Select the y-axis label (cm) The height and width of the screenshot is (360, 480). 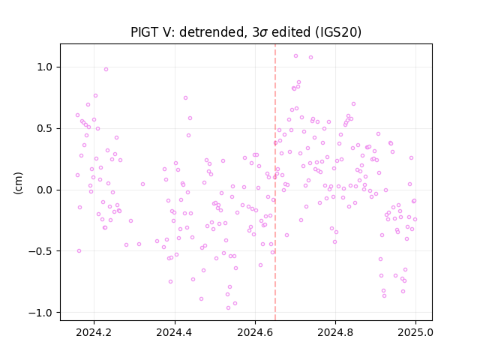(x=18, y=183)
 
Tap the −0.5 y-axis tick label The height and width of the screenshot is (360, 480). (x=43, y=251)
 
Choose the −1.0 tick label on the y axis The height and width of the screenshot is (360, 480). (x=43, y=313)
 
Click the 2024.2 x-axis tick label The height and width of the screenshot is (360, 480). (x=94, y=332)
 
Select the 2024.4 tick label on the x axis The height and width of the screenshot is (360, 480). (x=175, y=332)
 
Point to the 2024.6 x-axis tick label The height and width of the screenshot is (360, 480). (x=255, y=332)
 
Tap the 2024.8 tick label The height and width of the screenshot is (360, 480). (x=335, y=332)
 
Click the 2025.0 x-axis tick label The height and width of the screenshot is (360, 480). (x=415, y=332)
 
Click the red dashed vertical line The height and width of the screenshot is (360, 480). (x=275, y=182)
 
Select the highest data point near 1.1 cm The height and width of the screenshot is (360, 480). (x=295, y=56)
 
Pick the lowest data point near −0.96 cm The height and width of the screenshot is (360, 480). (x=228, y=308)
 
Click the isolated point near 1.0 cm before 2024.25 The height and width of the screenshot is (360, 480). (x=106, y=70)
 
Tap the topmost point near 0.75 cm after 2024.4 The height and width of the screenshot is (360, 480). (x=185, y=98)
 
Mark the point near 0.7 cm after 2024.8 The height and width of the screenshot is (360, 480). (x=353, y=104)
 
